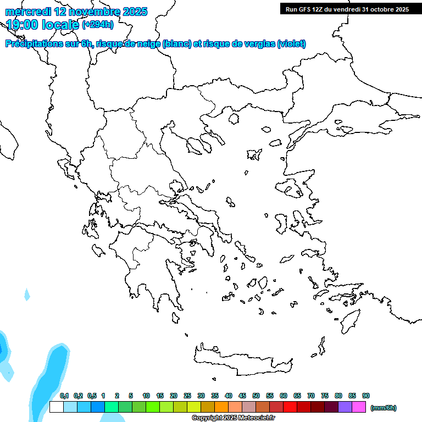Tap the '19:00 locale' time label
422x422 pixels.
(x=42, y=24)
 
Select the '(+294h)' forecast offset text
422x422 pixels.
(x=98, y=24)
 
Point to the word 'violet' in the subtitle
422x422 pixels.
(x=291, y=44)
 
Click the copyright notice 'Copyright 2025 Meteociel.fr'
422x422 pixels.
(x=234, y=418)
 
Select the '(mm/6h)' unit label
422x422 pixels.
(x=383, y=408)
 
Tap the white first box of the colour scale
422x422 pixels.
(x=56, y=407)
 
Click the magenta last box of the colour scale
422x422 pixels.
(x=359, y=407)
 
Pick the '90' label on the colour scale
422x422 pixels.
(x=366, y=396)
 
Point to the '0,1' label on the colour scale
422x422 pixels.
(x=64, y=396)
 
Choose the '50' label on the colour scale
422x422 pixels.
(x=256, y=396)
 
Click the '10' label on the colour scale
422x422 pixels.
(x=146, y=396)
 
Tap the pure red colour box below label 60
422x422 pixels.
(x=290, y=407)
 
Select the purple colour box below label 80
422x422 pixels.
(x=345, y=407)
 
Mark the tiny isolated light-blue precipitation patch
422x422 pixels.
(x=27, y=295)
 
